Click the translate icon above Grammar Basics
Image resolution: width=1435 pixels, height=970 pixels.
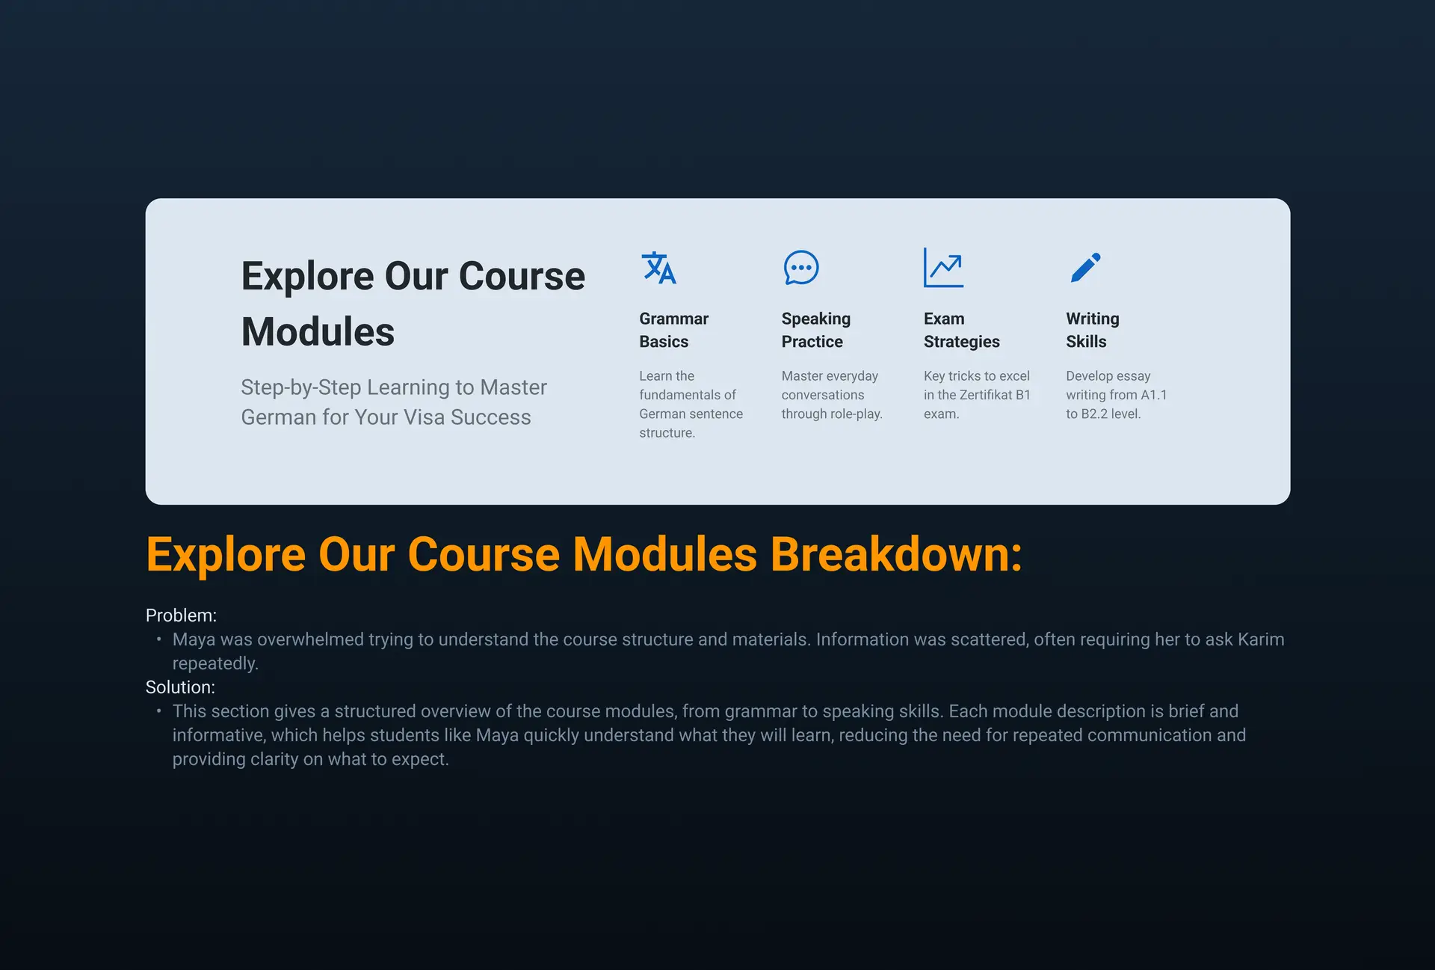pos(658,268)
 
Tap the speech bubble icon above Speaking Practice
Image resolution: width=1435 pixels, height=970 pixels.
pos(801,268)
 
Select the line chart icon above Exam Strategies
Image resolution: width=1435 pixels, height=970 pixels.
pos(943,268)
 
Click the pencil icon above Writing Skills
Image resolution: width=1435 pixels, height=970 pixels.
pos(1085,268)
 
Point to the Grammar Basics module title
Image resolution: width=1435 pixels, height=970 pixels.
pos(673,330)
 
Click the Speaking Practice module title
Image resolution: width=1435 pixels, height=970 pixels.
pos(815,330)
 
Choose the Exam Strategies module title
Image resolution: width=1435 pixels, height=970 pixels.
pos(961,330)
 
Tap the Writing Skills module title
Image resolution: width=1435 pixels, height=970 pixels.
pos(1092,330)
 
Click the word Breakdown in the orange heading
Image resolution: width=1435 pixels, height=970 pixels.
pos(895,554)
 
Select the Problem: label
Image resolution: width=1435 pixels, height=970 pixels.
pos(181,616)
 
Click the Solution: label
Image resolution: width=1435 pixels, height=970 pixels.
pos(180,687)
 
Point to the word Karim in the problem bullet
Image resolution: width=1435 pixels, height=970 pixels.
pos(1261,639)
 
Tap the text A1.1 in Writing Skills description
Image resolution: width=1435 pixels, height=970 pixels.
pos(1153,395)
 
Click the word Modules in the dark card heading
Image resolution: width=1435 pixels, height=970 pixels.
pos(318,331)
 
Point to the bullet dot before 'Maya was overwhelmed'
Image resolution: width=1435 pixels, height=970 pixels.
pos(158,639)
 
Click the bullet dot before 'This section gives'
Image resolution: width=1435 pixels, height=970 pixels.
pos(158,711)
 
